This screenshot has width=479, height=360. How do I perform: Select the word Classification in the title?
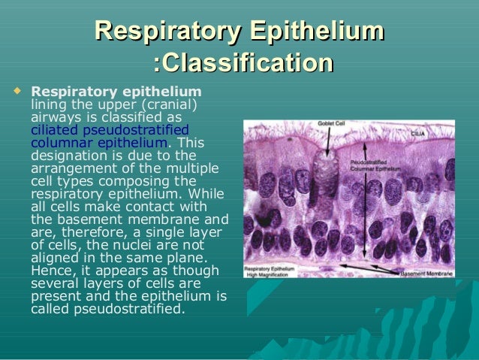(x=245, y=63)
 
